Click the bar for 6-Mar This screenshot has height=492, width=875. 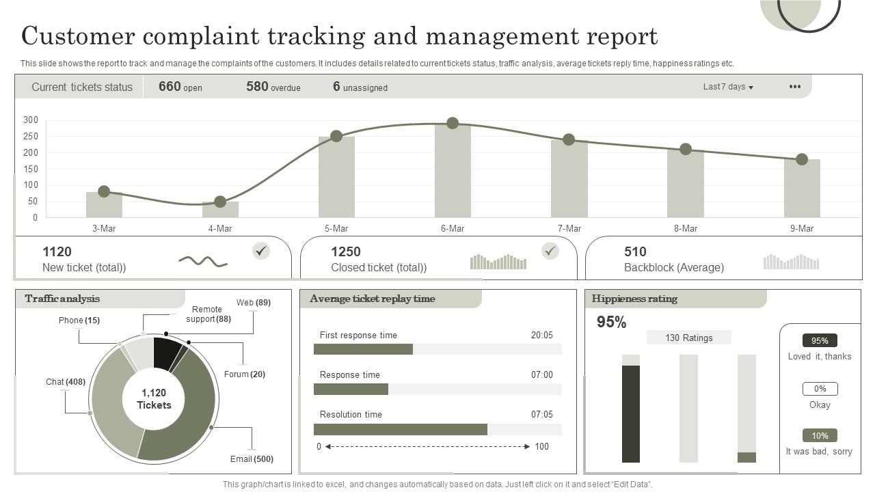[x=453, y=171]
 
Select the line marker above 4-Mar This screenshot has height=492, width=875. [x=220, y=202]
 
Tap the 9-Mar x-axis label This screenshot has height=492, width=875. [x=802, y=229]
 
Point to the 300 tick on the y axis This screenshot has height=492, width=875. [x=31, y=120]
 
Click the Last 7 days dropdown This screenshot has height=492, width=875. [x=728, y=87]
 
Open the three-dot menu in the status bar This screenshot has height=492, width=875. [x=795, y=87]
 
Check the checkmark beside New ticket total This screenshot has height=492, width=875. [x=260, y=251]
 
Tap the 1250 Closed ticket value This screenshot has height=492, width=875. [x=346, y=251]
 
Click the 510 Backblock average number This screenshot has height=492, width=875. [x=635, y=251]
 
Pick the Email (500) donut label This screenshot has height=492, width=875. [x=252, y=459]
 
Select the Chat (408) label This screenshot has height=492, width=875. [x=66, y=382]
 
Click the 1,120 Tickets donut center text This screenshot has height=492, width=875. [x=154, y=399]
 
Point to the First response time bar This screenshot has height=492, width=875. [x=363, y=349]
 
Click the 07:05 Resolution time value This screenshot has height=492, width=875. [x=541, y=415]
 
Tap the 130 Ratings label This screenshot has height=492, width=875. [x=688, y=338]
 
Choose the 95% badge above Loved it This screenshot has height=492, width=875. [x=820, y=340]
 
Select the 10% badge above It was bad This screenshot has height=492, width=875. [x=820, y=435]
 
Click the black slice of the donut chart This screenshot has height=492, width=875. [x=166, y=353]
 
